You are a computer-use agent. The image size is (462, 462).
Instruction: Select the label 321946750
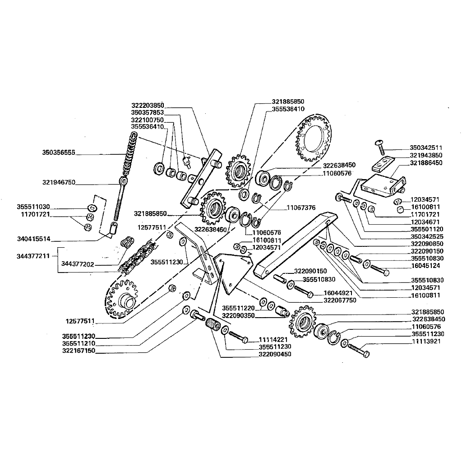click(59, 183)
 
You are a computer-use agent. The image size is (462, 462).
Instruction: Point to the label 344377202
click(78, 264)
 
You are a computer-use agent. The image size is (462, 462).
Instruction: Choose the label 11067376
click(301, 208)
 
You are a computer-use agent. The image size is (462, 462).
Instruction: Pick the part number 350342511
click(425, 148)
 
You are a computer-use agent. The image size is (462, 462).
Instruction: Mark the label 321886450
click(425, 163)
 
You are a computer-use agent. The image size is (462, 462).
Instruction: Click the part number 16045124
click(425, 266)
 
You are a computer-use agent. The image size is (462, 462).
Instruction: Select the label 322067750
click(339, 300)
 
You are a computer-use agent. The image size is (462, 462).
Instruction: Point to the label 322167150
click(79, 351)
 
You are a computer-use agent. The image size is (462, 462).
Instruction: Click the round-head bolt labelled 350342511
click(379, 148)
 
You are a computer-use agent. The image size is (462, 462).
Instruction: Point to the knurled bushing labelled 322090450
click(212, 325)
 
